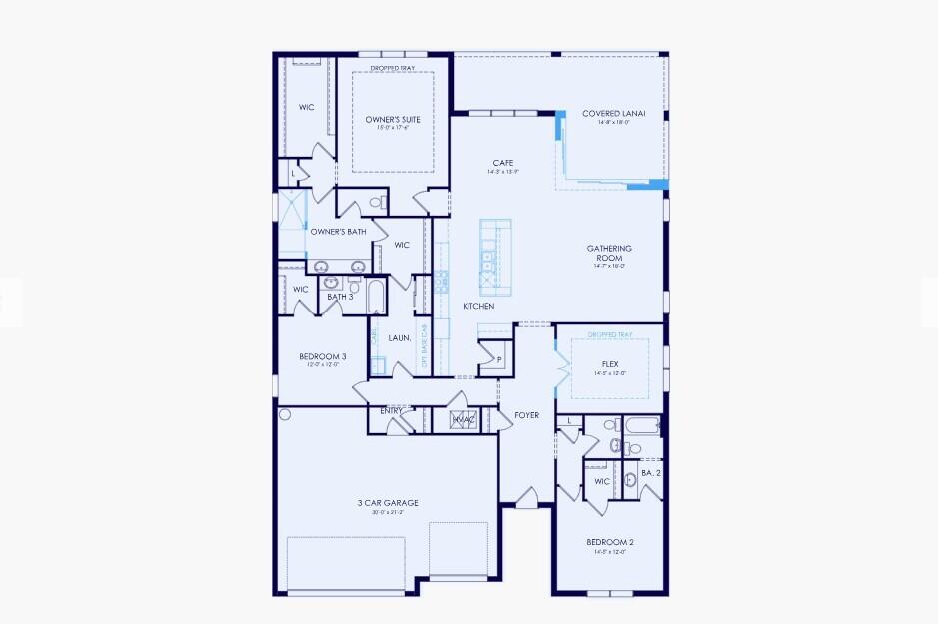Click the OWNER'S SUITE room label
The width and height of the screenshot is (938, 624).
(392, 119)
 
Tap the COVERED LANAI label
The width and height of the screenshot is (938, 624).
(613, 114)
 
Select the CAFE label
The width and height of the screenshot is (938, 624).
(502, 162)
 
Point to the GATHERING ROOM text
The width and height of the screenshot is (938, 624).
(609, 254)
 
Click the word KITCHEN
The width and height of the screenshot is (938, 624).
(478, 305)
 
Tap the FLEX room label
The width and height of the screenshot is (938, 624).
(611, 364)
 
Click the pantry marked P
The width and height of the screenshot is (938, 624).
(498, 359)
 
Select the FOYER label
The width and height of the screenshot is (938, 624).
(526, 415)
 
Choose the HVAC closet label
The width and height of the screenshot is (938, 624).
(463, 420)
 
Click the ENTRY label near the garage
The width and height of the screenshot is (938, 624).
(392, 410)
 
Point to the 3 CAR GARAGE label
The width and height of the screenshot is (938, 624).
(386, 502)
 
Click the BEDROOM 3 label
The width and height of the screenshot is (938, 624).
(323, 356)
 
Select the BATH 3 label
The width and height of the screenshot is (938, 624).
(340, 296)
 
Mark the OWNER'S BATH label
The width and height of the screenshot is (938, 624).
(337, 232)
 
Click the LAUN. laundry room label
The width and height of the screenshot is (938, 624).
(401, 337)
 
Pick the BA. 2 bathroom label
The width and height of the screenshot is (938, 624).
(650, 472)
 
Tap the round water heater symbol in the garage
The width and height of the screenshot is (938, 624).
(285, 413)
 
